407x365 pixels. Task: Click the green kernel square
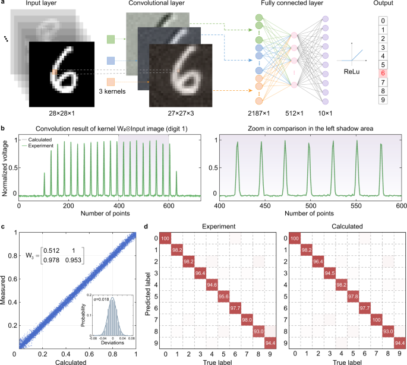point(111,39)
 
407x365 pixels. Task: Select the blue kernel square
point(111,60)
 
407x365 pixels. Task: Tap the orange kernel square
point(111,82)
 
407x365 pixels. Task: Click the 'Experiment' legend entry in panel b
point(38,144)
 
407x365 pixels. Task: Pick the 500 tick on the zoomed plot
point(296,205)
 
